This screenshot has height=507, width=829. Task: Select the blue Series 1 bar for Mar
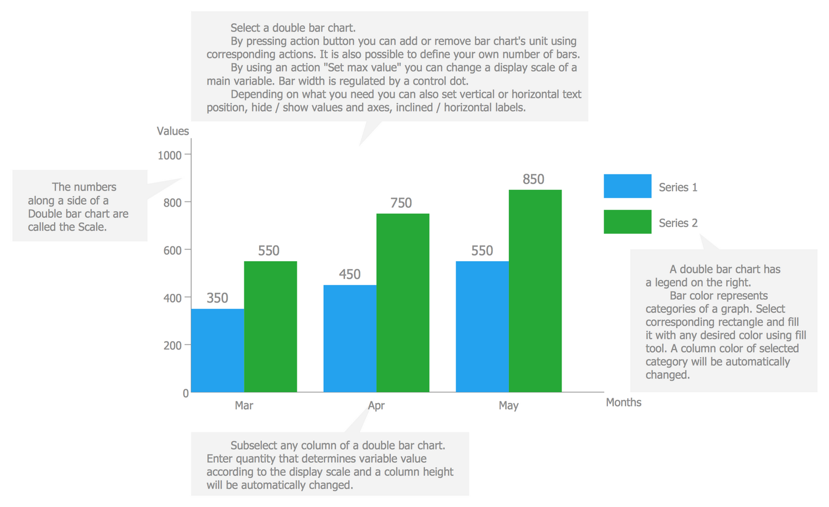pos(217,350)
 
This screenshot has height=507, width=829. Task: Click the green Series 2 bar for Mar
pos(270,326)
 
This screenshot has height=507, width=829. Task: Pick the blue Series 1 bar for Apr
pos(350,338)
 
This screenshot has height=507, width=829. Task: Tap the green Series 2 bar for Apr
pos(403,303)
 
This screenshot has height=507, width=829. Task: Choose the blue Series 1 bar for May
pos(482,326)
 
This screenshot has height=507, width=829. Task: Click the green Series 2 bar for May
pos(535,291)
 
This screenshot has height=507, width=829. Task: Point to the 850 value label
pos(533,179)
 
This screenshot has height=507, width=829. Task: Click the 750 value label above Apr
pos(401,203)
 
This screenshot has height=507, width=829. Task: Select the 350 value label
pos(217,298)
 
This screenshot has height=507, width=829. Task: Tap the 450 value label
pos(349,274)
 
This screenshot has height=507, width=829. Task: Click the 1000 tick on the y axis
pos(170,156)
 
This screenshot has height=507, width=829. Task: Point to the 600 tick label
pos(172,251)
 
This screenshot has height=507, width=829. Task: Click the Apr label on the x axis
pos(376,406)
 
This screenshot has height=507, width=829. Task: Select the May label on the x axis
pos(508,406)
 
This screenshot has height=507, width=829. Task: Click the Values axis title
pos(172,131)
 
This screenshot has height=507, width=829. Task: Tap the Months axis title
pos(623,403)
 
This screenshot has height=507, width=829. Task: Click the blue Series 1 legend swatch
pos(627,186)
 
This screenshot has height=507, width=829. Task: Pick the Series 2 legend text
pos(678,223)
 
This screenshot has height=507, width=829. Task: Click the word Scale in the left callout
pos(92,227)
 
